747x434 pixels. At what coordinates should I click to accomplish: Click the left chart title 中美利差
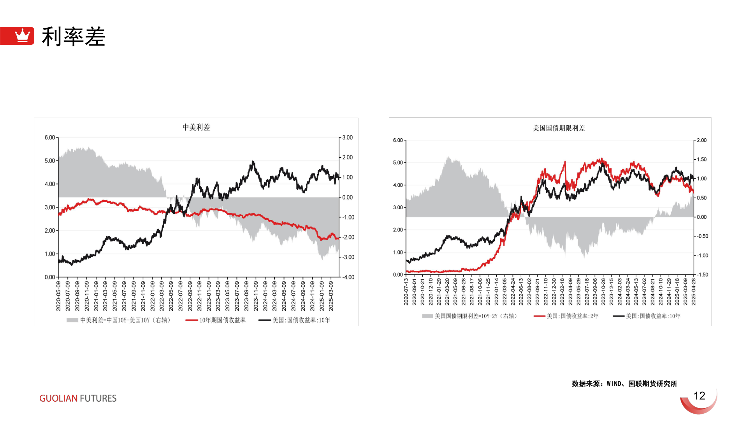[x=196, y=127]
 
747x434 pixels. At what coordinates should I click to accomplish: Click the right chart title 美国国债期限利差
[x=559, y=128]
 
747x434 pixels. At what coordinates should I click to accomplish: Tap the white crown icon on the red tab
[x=22, y=35]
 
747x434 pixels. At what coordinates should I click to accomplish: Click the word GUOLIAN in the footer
[x=58, y=398]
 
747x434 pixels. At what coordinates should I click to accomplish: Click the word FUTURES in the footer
[x=98, y=398]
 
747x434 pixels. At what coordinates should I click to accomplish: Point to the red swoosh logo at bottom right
[x=700, y=404]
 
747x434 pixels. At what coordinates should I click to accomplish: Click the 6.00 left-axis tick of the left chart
[x=50, y=138]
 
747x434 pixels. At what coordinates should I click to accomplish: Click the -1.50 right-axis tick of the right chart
[x=702, y=275]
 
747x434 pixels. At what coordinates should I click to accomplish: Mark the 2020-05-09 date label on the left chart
[x=58, y=296]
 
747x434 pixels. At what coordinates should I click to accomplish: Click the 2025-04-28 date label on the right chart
[x=694, y=292]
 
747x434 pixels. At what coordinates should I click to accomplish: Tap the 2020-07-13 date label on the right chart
[x=406, y=292]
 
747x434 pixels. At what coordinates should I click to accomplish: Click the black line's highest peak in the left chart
[x=253, y=161]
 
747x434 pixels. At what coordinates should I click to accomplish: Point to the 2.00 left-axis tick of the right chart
[x=398, y=230]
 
